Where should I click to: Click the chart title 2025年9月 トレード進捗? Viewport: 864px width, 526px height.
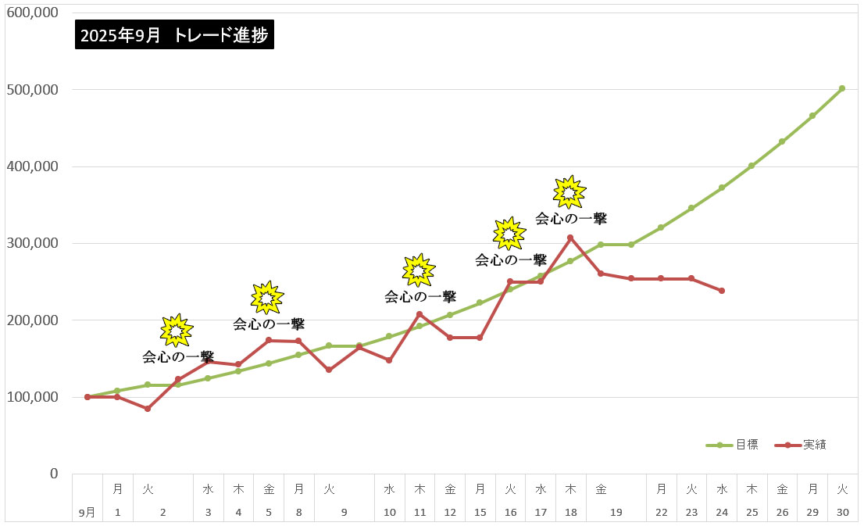(x=175, y=35)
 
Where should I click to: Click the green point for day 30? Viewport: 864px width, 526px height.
(x=842, y=88)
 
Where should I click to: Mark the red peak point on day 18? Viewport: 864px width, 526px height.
(x=570, y=238)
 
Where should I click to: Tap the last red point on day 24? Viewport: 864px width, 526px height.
(x=722, y=291)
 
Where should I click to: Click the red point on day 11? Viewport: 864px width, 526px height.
(x=420, y=314)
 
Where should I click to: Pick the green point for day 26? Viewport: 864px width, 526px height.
(x=782, y=141)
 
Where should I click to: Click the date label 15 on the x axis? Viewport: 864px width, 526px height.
(x=480, y=513)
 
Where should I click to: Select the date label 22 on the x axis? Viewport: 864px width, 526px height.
(x=662, y=513)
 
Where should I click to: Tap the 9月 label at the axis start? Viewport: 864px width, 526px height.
(x=87, y=513)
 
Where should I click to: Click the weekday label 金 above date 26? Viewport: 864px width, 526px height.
(x=782, y=489)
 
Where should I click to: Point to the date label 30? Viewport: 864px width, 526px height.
(x=842, y=513)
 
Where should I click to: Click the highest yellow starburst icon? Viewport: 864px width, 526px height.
(x=569, y=191)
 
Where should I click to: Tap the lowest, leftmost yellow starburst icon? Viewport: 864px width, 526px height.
(x=176, y=331)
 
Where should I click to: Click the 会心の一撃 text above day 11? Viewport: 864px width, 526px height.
(x=420, y=297)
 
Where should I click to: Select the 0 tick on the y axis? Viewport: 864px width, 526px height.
(x=54, y=474)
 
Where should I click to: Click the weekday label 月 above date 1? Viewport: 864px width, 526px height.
(x=117, y=489)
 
